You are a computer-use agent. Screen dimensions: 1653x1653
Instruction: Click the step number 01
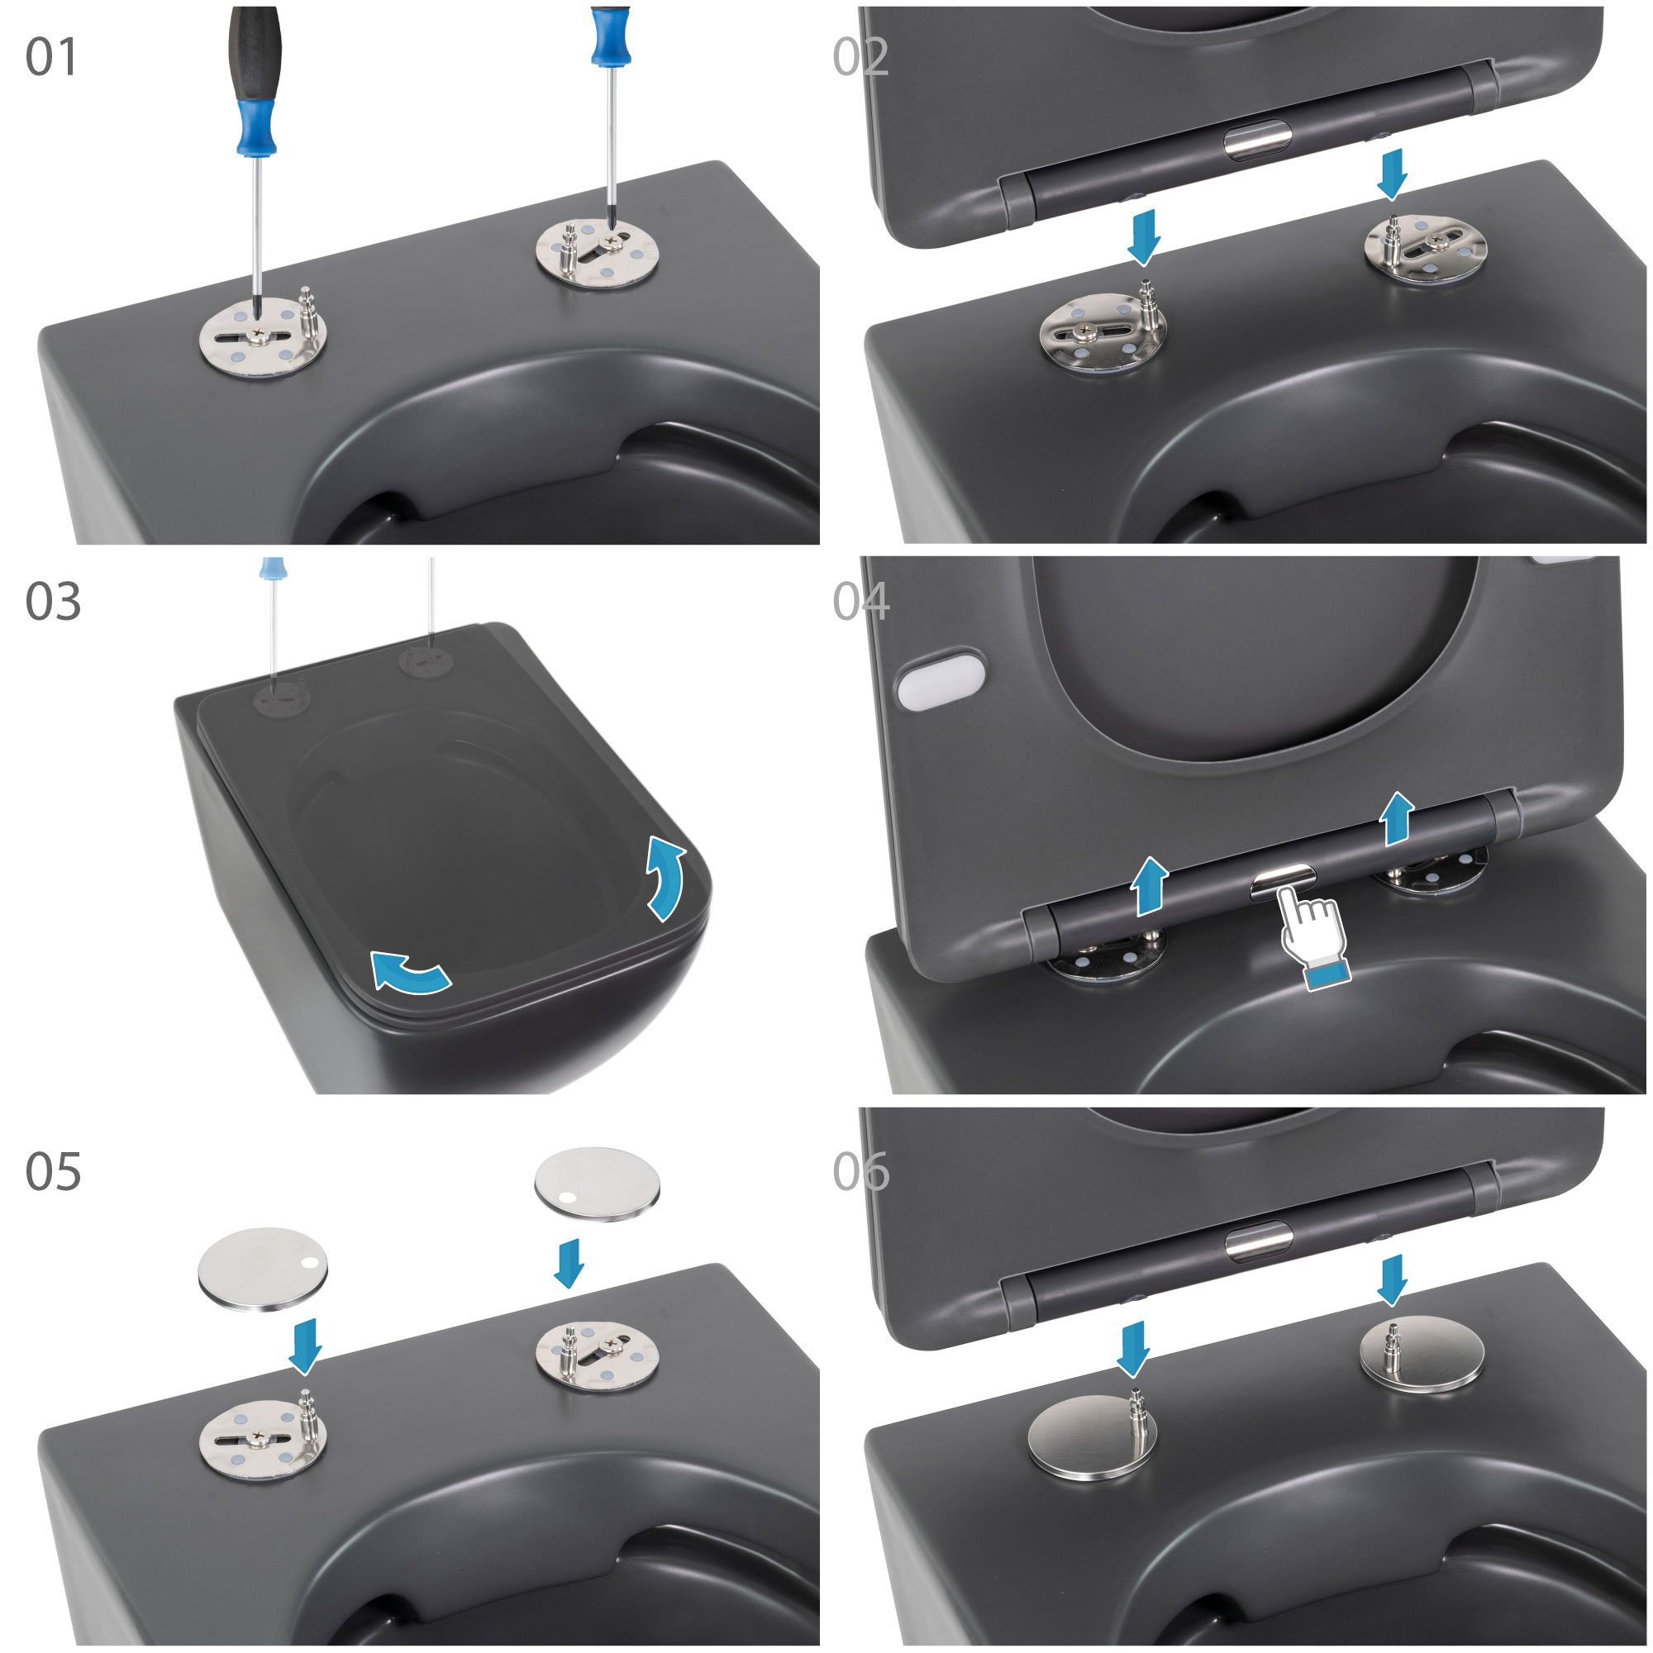tap(51, 57)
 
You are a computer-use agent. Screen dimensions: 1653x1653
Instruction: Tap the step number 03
tap(53, 602)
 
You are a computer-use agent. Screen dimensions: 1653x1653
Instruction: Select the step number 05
tap(53, 1171)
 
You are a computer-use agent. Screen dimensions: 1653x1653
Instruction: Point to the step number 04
tap(860, 602)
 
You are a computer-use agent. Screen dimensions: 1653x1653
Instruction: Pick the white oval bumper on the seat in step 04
tap(941, 681)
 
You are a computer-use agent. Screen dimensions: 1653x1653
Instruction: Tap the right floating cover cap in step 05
tap(598, 1185)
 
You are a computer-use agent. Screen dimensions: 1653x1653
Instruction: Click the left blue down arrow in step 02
tap(1144, 237)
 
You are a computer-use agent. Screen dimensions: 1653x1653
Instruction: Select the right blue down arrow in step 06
tap(1393, 1279)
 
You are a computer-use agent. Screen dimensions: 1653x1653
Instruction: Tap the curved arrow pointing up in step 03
tap(665, 878)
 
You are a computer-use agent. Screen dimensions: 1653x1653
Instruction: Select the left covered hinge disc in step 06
tap(1092, 1437)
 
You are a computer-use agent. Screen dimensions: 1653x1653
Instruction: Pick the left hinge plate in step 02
tap(1103, 330)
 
